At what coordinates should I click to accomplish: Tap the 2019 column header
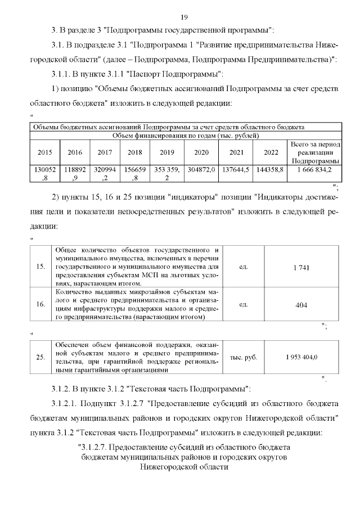tap(167, 152)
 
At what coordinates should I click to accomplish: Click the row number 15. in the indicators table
tap(40, 267)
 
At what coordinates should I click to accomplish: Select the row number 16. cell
tap(40, 304)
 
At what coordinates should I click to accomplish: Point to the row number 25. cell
tap(40, 357)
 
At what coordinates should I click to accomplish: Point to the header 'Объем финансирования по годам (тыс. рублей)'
tap(185, 136)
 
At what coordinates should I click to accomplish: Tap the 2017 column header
tap(105, 152)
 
